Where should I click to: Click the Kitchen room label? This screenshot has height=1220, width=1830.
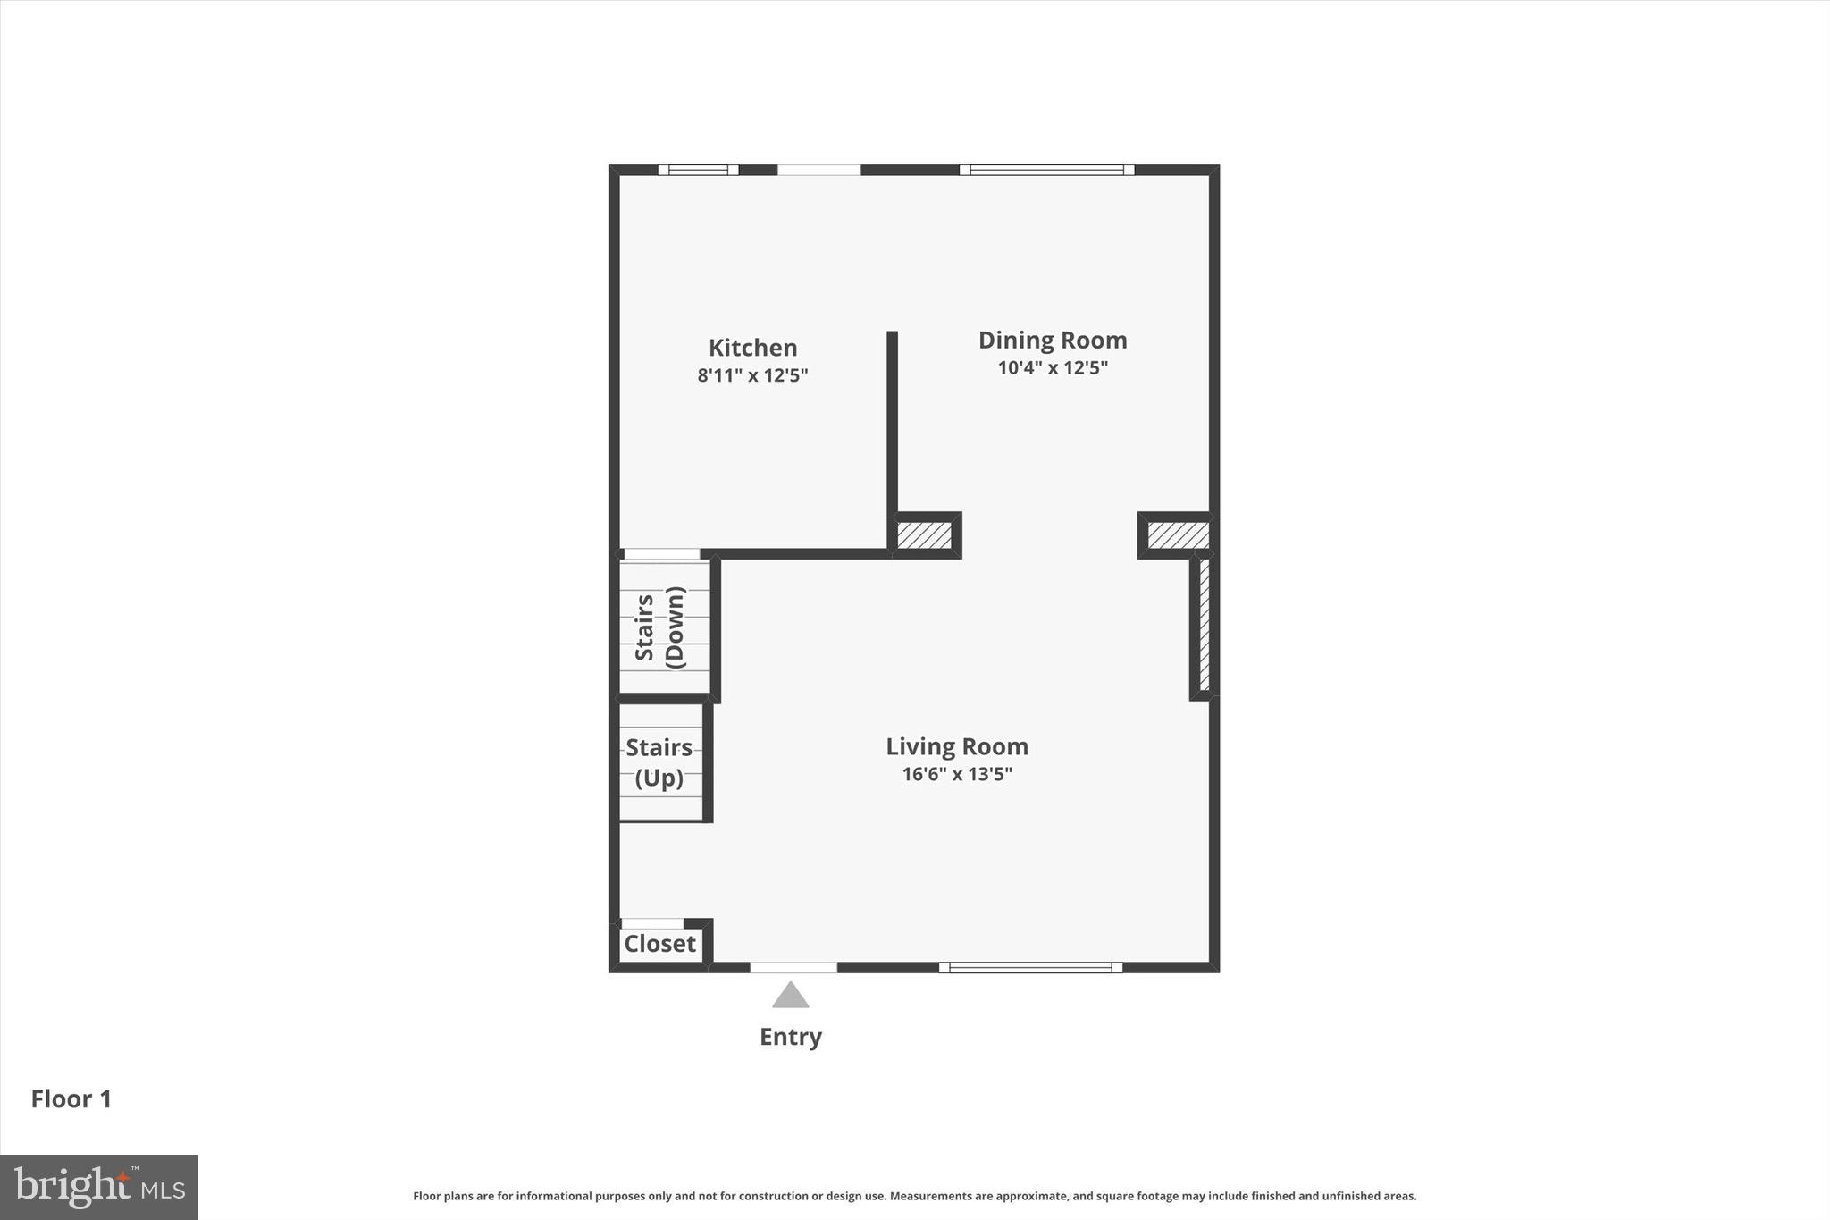coord(752,348)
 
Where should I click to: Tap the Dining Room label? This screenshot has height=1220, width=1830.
coord(1052,341)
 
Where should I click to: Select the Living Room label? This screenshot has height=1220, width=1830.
coord(956,746)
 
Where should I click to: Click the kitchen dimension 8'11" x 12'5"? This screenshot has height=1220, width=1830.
coord(752,375)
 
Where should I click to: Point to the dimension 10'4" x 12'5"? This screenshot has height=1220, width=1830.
coord(1052,367)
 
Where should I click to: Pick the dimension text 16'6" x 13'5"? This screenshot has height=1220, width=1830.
coord(956,774)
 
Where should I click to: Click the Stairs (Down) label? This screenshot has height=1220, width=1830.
coord(659,627)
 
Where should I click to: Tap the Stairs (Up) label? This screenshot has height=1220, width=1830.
coord(659,762)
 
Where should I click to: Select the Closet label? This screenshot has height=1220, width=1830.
coord(659,944)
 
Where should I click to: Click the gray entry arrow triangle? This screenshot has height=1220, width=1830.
coord(790,997)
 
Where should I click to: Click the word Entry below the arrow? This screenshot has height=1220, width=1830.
coord(790,1037)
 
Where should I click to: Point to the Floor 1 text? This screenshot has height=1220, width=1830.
coord(71,1099)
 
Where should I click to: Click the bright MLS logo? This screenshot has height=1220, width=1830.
coord(99,1187)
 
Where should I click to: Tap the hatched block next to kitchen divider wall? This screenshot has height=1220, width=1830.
coord(924,535)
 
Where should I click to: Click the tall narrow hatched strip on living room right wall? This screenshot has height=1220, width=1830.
coord(1204,625)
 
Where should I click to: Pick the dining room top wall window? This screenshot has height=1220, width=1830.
coord(1046,170)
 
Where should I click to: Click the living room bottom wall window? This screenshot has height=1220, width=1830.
coord(1030,967)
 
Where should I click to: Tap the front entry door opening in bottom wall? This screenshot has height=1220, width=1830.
coord(793,967)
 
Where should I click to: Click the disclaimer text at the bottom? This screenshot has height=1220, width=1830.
coord(914,1196)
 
